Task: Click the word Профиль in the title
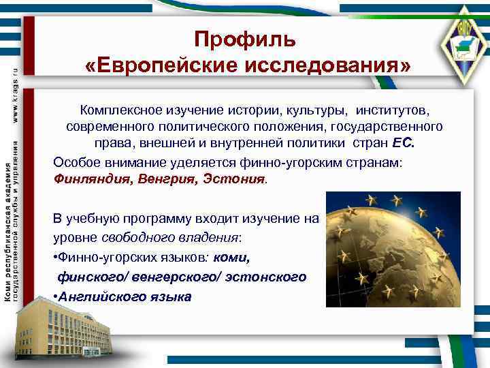point(245,40)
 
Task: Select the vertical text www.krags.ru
point(14,91)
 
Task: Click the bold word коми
point(233,258)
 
